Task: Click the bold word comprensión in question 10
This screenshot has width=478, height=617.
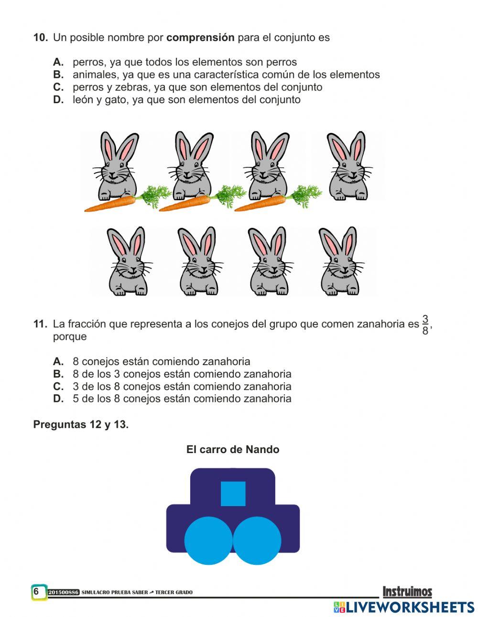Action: coord(200,37)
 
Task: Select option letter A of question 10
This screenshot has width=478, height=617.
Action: coord(58,62)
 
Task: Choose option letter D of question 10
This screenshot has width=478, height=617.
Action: coord(58,100)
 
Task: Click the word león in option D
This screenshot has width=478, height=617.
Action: coord(83,100)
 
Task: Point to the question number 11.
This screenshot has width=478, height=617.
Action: coord(40,324)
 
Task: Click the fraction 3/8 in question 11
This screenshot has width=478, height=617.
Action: coord(425,325)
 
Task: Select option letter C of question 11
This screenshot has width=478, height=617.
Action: coord(58,386)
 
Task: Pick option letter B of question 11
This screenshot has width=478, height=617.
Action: coord(58,374)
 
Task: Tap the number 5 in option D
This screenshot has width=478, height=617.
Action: coord(76,399)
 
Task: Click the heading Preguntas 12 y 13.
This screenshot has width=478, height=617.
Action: coord(81,424)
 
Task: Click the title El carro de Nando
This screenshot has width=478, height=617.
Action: coord(233,449)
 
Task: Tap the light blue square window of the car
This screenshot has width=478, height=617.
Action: coord(233,494)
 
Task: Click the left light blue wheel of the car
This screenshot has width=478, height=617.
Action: coord(208,540)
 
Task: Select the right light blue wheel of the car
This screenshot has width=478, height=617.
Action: coord(257,540)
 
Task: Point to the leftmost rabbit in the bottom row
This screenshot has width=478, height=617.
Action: coord(127,261)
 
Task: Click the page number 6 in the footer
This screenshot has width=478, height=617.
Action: coord(36,592)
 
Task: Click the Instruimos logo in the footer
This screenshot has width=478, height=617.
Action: coord(407,592)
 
